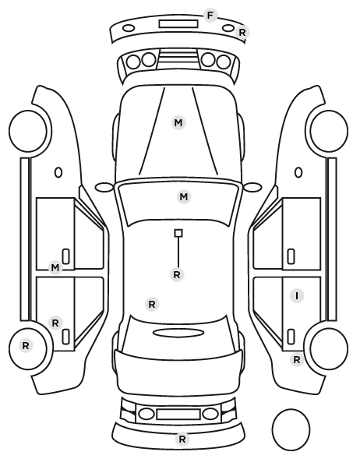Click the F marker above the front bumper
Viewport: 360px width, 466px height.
click(x=210, y=15)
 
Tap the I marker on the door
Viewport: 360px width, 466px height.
click(x=297, y=295)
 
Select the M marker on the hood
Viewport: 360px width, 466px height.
click(x=178, y=123)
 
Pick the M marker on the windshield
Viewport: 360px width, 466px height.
click(x=184, y=196)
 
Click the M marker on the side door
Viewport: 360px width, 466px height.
click(x=55, y=268)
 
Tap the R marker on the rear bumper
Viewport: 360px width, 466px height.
click(x=182, y=440)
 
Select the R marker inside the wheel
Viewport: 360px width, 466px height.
click(x=26, y=346)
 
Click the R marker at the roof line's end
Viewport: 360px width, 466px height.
click(x=177, y=275)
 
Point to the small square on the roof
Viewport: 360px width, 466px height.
click(x=178, y=233)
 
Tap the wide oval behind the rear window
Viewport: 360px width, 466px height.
click(x=178, y=334)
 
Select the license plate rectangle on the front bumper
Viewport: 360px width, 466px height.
click(x=178, y=24)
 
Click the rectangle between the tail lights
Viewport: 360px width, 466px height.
click(x=178, y=415)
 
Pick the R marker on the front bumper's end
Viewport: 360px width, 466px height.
click(x=242, y=33)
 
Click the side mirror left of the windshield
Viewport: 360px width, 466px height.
click(x=104, y=187)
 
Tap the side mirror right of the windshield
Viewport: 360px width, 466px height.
click(x=252, y=187)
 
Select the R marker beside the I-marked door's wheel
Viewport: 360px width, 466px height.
click(x=296, y=360)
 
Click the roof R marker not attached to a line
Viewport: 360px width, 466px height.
click(x=152, y=305)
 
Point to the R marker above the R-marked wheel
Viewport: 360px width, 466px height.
click(x=55, y=323)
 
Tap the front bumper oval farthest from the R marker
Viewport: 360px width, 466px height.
click(x=129, y=29)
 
